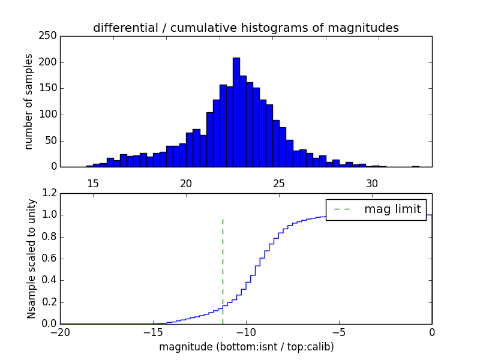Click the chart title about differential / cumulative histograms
click(245, 28)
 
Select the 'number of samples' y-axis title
click(29, 101)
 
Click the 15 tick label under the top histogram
click(93, 183)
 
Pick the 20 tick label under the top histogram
click(186, 183)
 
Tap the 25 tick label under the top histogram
click(279, 183)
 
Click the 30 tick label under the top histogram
click(372, 183)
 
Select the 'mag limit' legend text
click(392, 209)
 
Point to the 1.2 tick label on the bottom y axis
click(49, 193)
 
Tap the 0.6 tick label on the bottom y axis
click(49, 259)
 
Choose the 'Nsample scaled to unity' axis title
click(31, 258)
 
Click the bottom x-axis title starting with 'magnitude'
click(246, 347)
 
